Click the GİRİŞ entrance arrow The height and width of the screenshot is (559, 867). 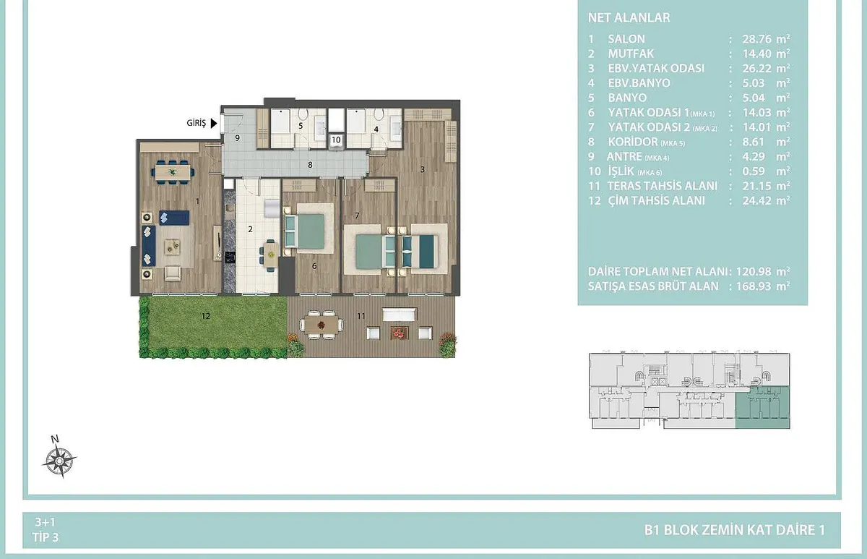[x=214, y=123]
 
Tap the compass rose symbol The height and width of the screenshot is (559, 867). [x=59, y=460]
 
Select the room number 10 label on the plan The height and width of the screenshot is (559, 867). [x=336, y=140]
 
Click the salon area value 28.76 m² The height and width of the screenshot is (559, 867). [x=766, y=39]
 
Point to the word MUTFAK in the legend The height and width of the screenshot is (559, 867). [x=631, y=54]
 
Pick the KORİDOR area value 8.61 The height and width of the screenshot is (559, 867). [x=753, y=142]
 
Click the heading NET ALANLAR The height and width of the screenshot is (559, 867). [x=629, y=17]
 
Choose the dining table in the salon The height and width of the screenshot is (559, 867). [x=173, y=171]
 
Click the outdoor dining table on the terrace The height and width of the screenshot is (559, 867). [x=321, y=325]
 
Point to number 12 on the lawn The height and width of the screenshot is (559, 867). [x=205, y=316]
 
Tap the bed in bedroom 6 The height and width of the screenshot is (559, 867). [x=306, y=231]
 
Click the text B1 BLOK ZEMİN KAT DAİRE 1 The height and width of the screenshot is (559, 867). [x=734, y=530]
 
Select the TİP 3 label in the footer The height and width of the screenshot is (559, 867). [x=46, y=537]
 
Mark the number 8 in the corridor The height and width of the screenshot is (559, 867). [x=310, y=165]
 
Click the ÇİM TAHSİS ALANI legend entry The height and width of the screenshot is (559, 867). [x=657, y=200]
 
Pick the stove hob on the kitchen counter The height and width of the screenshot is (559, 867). [x=230, y=257]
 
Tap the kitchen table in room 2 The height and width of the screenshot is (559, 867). [x=271, y=255]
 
